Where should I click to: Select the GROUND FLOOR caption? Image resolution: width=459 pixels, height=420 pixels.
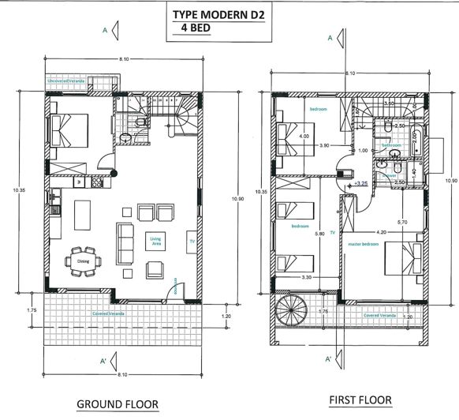pos(117,404)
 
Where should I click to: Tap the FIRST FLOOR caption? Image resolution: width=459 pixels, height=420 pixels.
pos(360,400)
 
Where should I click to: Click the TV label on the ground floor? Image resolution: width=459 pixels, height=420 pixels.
pos(190,240)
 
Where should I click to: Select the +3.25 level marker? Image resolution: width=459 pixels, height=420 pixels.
pos(362,183)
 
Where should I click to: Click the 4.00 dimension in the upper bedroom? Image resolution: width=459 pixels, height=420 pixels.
pos(304,136)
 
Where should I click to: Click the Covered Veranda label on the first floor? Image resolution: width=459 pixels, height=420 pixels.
pos(378,316)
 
